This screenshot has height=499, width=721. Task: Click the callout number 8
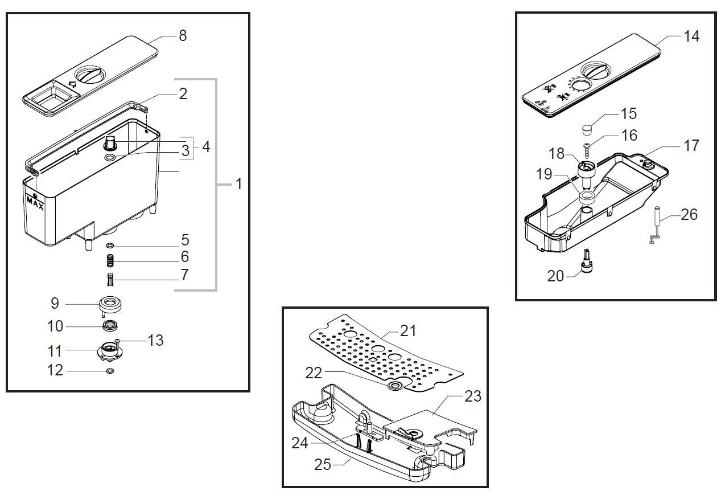[182, 36]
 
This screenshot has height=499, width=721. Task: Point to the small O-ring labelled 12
[110, 371]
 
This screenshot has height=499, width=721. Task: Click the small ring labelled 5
[110, 246]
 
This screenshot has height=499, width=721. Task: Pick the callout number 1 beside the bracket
[239, 184]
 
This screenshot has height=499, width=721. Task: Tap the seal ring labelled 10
[110, 326]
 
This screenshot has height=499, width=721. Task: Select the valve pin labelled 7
[110, 280]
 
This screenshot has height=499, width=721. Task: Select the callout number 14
[691, 36]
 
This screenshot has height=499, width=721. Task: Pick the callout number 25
[323, 464]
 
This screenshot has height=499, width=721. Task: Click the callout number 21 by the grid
[408, 330]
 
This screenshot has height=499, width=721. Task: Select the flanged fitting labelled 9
[110, 305]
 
